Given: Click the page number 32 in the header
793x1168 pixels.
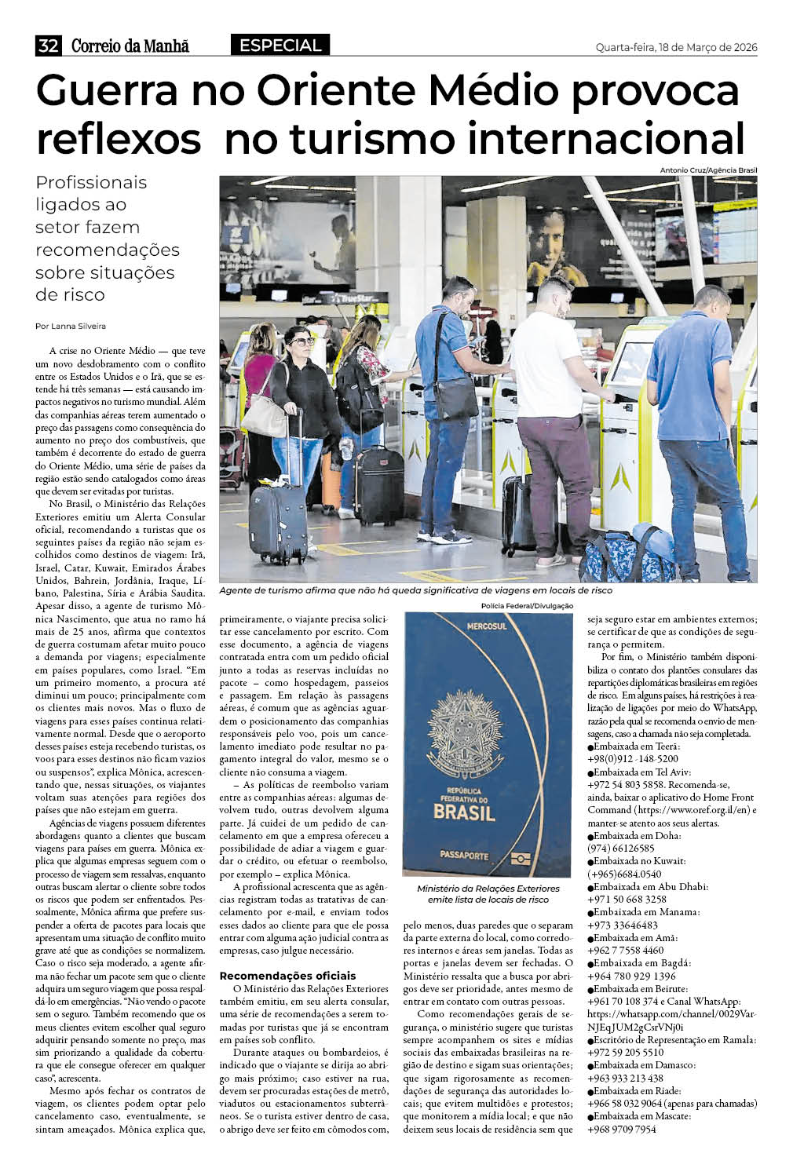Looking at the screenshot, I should tap(48, 46).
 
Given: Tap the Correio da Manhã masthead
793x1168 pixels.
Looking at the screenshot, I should tap(130, 46).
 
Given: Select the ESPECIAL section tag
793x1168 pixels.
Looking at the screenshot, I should tap(280, 46).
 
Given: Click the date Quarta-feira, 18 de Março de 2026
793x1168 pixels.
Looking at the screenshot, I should tap(676, 47).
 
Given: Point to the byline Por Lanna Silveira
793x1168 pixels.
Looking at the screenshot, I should tap(71, 326).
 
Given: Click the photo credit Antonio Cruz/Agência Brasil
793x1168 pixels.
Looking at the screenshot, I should tap(708, 170).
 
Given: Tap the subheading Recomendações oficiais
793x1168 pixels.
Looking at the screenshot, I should tap(287, 976).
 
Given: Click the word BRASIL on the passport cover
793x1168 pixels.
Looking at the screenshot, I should tap(465, 811).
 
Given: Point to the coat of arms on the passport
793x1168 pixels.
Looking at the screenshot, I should tap(465, 735).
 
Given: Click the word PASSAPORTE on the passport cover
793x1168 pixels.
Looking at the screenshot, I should tap(464, 856).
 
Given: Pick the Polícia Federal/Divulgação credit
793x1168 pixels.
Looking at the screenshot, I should tap(528, 606).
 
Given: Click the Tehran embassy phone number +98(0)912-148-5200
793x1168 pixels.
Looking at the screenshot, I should tap(633, 759).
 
